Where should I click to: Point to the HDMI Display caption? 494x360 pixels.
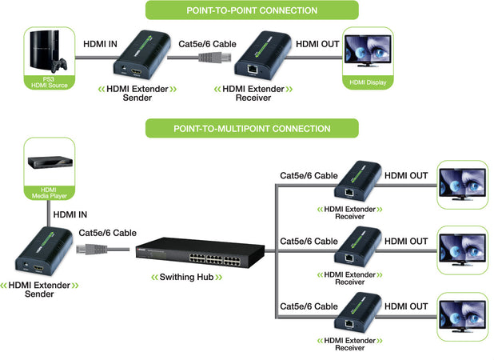[368, 82]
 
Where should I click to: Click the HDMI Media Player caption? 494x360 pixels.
[49, 192]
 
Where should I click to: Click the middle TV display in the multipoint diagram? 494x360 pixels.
[461, 249]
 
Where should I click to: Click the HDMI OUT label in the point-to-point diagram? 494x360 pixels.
[317, 44]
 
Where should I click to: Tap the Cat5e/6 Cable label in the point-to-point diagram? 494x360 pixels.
[207, 44]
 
